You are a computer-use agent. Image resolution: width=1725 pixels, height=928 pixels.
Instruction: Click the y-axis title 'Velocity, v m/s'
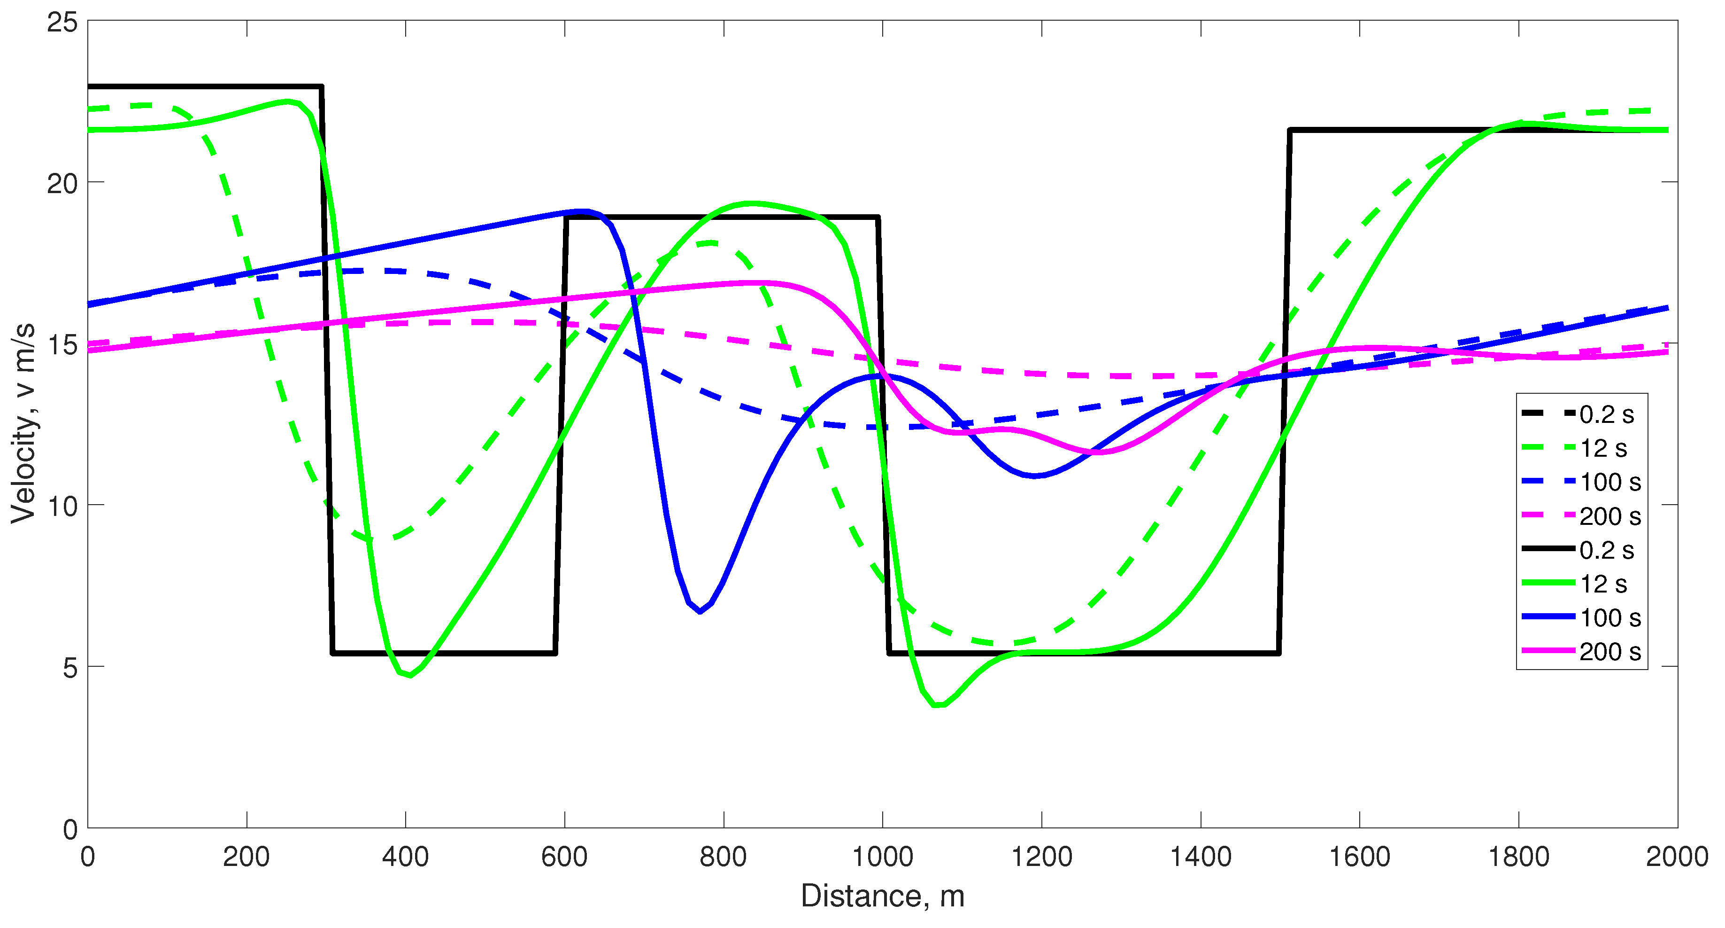[x=23, y=423]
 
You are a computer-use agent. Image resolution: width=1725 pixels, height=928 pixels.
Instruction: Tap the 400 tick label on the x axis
[x=405, y=857]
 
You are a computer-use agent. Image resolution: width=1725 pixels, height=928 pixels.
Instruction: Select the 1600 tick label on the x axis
[x=1359, y=857]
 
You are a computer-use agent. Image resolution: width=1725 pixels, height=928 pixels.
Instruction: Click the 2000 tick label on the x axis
[x=1677, y=857]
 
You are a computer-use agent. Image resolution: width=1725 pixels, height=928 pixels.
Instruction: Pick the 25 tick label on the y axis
[x=62, y=22]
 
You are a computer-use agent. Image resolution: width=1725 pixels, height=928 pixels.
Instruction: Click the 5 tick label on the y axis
[x=69, y=667]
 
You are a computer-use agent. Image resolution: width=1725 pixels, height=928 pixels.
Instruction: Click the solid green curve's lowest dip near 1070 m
[x=938, y=705]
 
